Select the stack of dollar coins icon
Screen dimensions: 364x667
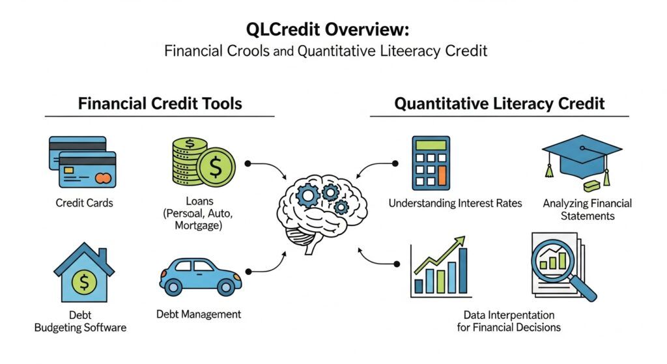pyautogui.click(x=199, y=162)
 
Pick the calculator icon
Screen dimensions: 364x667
pyautogui.click(x=431, y=163)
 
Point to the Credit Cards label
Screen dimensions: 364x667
pyautogui.click(x=84, y=203)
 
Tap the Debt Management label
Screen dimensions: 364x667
pyautogui.click(x=199, y=314)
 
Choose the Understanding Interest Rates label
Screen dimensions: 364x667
pyautogui.click(x=455, y=203)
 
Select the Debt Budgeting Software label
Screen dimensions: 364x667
pyautogui.click(x=81, y=321)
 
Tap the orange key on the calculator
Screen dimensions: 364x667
pyautogui.click(x=443, y=175)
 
